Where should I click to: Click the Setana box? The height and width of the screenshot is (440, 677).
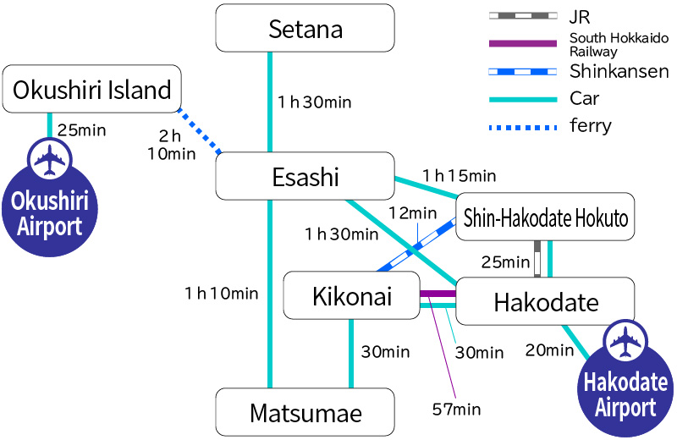tap(305, 29)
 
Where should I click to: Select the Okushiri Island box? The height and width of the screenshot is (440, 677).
tap(92, 88)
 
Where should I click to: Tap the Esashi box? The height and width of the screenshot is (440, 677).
tap(305, 177)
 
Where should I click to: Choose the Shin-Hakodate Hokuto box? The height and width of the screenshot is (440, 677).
tap(546, 219)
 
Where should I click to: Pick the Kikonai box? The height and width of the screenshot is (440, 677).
tap(351, 296)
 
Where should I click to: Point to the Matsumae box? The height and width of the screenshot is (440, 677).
tap(305, 413)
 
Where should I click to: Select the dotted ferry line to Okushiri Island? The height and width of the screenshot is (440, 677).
tap(200, 131)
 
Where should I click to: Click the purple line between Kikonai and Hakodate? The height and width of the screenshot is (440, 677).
tap(438, 294)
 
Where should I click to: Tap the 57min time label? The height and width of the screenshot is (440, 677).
tap(455, 410)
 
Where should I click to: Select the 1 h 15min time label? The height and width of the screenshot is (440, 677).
tap(459, 176)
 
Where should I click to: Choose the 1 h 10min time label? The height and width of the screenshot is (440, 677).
tap(221, 294)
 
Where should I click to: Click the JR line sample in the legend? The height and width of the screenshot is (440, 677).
tap(522, 16)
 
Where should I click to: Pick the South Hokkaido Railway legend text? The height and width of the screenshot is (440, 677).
tap(619, 44)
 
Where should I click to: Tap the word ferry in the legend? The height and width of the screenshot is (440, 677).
tap(591, 126)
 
